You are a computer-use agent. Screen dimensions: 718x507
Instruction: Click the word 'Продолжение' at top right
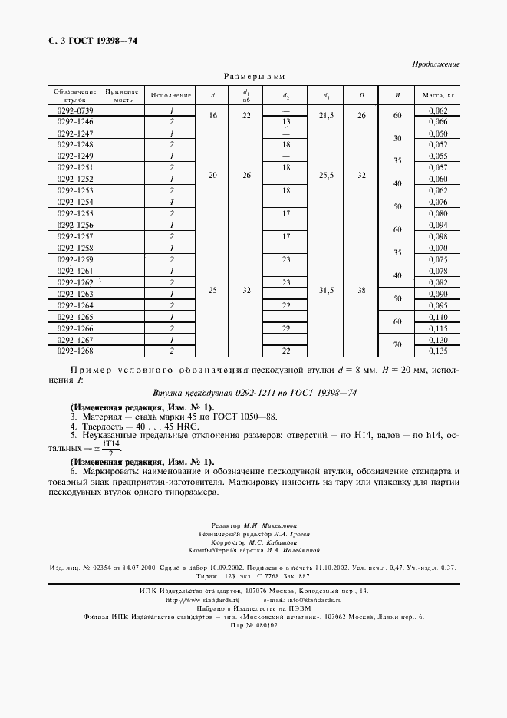(436, 64)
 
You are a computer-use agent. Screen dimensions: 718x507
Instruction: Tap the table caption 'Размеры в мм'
(254, 77)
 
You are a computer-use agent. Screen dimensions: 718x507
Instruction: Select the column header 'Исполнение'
(170, 95)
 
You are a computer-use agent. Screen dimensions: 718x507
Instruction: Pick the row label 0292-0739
(74, 110)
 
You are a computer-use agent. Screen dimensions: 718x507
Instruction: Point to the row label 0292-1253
(74, 189)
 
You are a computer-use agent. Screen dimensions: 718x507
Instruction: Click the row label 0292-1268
(74, 351)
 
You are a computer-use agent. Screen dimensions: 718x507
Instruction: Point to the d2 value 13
(285, 122)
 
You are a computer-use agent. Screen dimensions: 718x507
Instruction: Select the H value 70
(397, 345)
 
